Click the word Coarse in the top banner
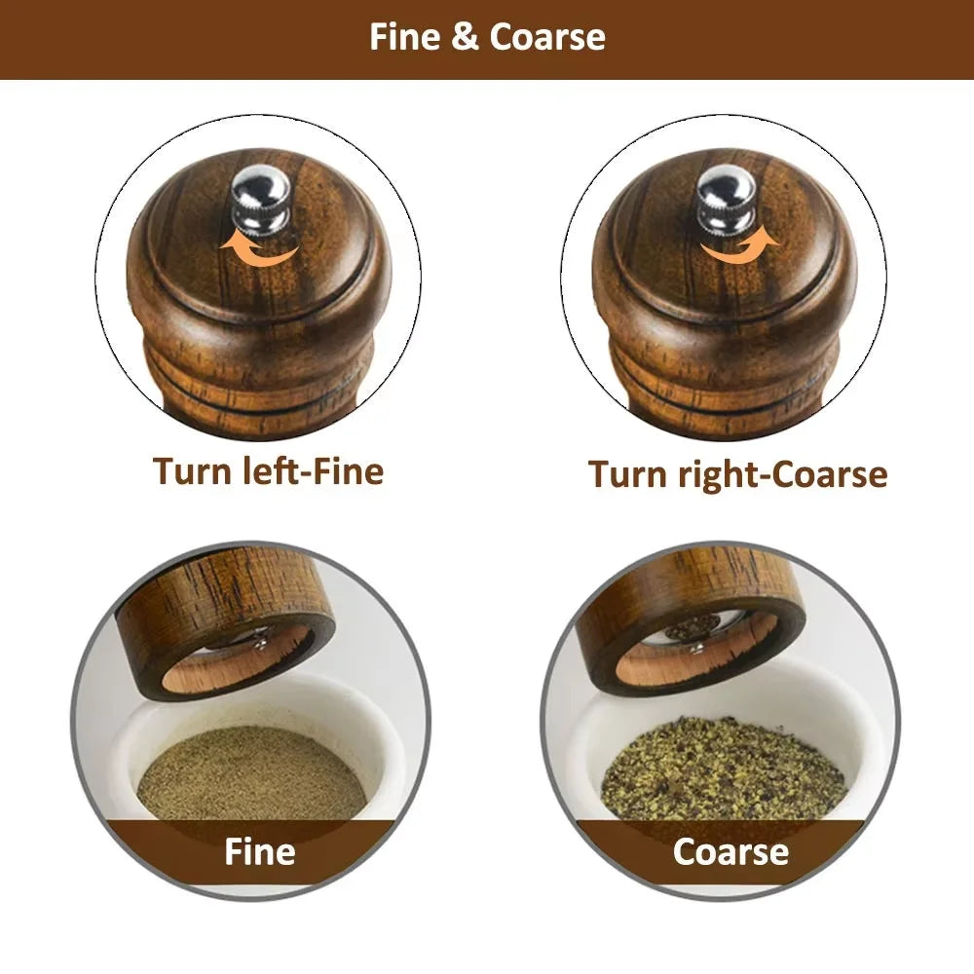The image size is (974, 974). point(547,37)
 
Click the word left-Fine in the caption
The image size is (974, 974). point(308,470)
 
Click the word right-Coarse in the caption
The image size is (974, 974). point(779,474)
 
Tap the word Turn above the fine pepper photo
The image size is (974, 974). point(191,470)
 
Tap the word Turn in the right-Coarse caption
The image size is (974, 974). point(626,474)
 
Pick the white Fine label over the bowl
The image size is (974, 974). point(259,851)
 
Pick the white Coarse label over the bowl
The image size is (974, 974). point(730,851)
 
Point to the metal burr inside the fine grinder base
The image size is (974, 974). point(243,638)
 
